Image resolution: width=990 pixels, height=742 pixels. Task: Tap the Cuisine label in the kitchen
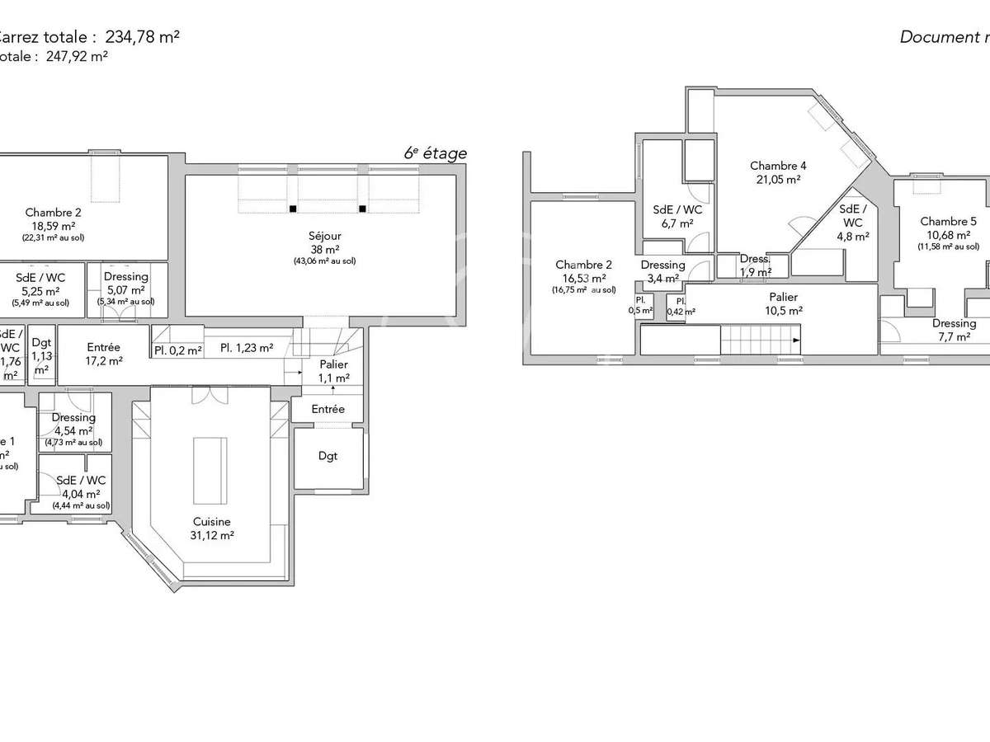pyautogui.click(x=212, y=522)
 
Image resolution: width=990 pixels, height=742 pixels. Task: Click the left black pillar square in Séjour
pyautogui.click(x=292, y=209)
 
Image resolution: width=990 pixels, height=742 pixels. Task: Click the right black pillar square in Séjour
pyautogui.click(x=362, y=209)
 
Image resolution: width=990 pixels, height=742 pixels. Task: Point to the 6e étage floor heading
pyautogui.click(x=435, y=153)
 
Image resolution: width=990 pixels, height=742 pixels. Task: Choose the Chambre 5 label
pyautogui.click(x=948, y=222)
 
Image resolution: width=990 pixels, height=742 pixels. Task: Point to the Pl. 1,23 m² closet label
pyautogui.click(x=247, y=349)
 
